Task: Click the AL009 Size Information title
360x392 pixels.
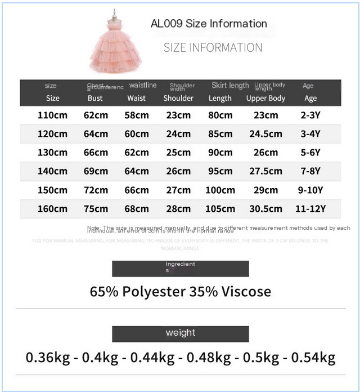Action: point(209,24)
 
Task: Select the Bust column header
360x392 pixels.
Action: point(95,98)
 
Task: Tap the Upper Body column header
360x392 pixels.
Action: point(265,98)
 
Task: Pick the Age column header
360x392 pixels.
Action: point(310,98)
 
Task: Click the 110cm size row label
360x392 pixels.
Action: point(53,115)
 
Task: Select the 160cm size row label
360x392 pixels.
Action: point(53,209)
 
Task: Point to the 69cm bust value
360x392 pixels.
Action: point(96,171)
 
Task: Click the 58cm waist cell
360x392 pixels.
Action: point(137,115)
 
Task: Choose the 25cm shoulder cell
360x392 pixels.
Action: point(178,153)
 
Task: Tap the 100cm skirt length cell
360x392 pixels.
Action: point(220,190)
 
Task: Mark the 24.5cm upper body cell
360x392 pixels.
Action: point(265,134)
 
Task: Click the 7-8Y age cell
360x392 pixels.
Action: point(310,171)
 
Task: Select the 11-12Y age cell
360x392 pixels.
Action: point(310,209)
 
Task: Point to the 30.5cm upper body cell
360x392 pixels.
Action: point(265,209)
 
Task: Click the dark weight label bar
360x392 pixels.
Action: point(180,333)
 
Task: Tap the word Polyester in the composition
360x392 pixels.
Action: point(155,292)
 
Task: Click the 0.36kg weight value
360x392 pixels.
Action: point(48,358)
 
